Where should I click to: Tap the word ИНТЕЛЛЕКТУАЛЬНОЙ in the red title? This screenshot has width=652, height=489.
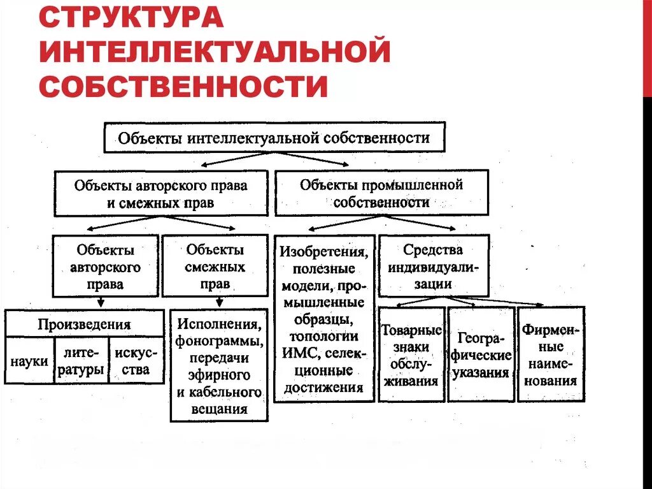pyautogui.click(x=214, y=51)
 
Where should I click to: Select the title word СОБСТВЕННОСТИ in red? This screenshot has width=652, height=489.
pyautogui.click(x=183, y=86)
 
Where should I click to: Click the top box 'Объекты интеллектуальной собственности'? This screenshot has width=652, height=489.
pyautogui.click(x=274, y=138)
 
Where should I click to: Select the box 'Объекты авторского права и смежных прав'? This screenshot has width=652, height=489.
pyautogui.click(x=160, y=194)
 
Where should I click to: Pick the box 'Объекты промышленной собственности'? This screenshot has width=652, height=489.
pyautogui.click(x=381, y=193)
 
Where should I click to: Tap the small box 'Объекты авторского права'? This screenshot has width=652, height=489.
pyautogui.click(x=105, y=266)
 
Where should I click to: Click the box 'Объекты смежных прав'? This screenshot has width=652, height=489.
pyautogui.click(x=215, y=266)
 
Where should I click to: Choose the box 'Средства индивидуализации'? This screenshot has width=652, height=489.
pyautogui.click(x=434, y=266)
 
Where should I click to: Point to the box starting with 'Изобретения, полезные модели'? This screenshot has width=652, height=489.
pyautogui.click(x=324, y=319)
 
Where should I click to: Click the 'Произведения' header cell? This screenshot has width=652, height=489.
pyautogui.click(x=84, y=324)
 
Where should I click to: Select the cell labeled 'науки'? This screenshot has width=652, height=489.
pyautogui.click(x=29, y=361)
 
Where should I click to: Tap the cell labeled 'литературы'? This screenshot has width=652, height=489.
pyautogui.click(x=81, y=361)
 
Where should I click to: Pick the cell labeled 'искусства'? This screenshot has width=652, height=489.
pyautogui.click(x=136, y=361)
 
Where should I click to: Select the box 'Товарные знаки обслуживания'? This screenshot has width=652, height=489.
pyautogui.click(x=411, y=354)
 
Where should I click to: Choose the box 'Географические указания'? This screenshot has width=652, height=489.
pyautogui.click(x=481, y=354)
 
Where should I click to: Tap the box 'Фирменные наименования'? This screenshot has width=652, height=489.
pyautogui.click(x=550, y=354)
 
